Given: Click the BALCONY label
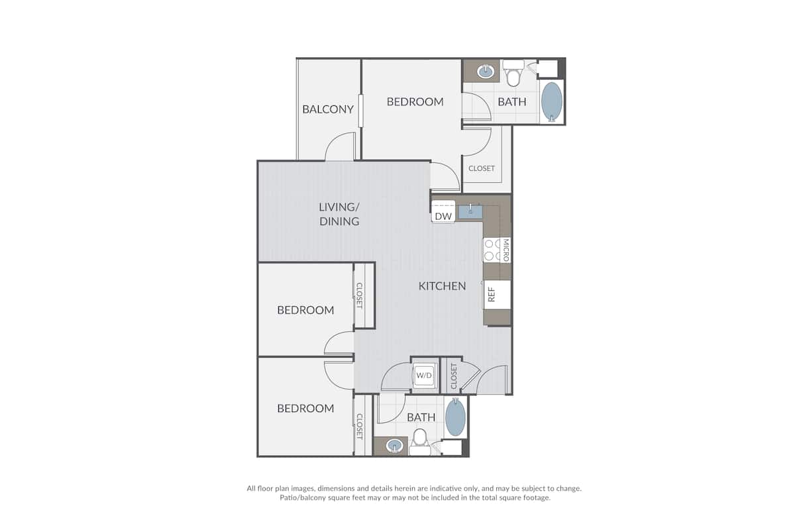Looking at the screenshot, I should click(x=328, y=109).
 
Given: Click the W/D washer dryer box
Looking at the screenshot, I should click(x=424, y=376).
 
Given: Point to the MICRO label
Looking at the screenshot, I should click(x=505, y=250).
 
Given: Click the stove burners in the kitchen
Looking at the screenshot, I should click(x=491, y=250).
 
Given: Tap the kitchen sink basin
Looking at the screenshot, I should click(x=471, y=211).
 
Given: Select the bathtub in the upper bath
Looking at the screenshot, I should click(x=552, y=101).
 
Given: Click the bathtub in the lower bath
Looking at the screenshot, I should click(x=455, y=418).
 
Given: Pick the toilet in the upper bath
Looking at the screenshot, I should click(x=512, y=74).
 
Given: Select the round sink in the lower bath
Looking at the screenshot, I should click(x=395, y=445).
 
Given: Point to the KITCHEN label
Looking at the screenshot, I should click(x=442, y=286).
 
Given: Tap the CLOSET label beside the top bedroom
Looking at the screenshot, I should click(x=482, y=168).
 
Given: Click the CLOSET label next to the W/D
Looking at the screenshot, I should click(x=454, y=376).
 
